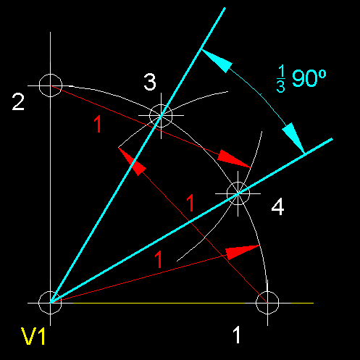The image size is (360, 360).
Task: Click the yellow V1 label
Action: tap(33, 336)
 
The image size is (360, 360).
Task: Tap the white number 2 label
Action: tap(18, 102)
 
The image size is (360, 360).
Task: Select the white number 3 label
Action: tap(150, 82)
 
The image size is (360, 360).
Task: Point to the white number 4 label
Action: tap(277, 206)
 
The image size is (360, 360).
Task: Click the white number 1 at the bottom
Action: tap(236, 335)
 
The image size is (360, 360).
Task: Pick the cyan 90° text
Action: tap(309, 78)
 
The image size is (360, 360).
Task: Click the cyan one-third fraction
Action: tap(281, 79)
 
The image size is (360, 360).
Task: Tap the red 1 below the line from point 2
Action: tap(98, 124)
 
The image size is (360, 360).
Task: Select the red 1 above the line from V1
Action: tap(158, 259)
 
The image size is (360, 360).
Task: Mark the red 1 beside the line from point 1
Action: tap(191, 203)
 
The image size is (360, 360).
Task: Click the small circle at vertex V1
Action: tap(50, 303)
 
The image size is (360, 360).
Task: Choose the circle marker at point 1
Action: tap(267, 303)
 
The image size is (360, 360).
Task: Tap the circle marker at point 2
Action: tap(51, 85)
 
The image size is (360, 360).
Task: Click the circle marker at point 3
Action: tap(161, 115)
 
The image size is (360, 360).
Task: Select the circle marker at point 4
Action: tap(238, 193)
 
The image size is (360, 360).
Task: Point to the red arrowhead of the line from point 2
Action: tap(233, 159)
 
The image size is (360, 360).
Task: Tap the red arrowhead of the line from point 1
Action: tap(132, 162)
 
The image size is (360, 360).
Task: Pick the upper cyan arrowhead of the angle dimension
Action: tap(216, 60)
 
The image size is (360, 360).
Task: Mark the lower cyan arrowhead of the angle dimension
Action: tap(293, 138)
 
